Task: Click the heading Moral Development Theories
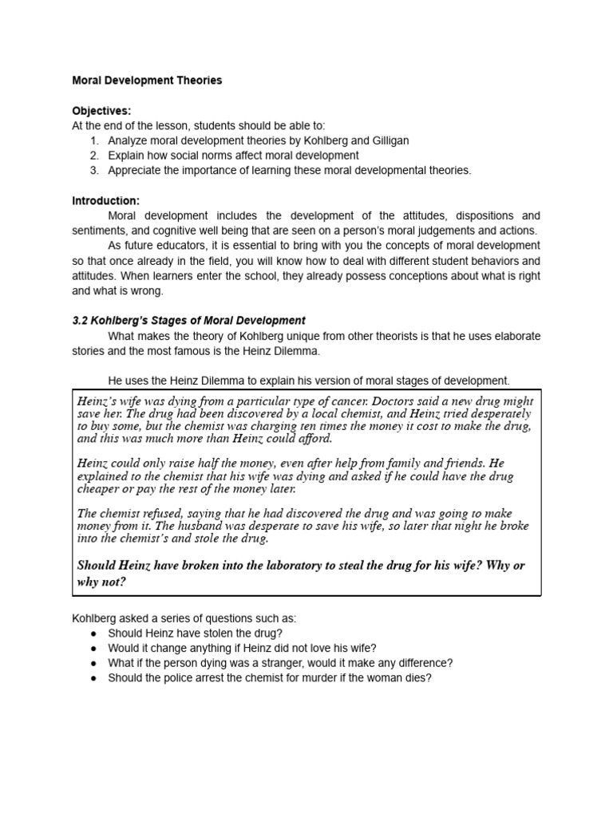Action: [147, 81]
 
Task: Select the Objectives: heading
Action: [101, 111]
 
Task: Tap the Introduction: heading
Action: [105, 200]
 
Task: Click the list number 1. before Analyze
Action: [94, 140]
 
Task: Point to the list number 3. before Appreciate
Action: [94, 170]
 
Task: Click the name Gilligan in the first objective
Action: [385, 140]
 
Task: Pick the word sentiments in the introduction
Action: [98, 231]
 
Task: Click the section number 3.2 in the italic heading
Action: [81, 321]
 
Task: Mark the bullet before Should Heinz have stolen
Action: [94, 633]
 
